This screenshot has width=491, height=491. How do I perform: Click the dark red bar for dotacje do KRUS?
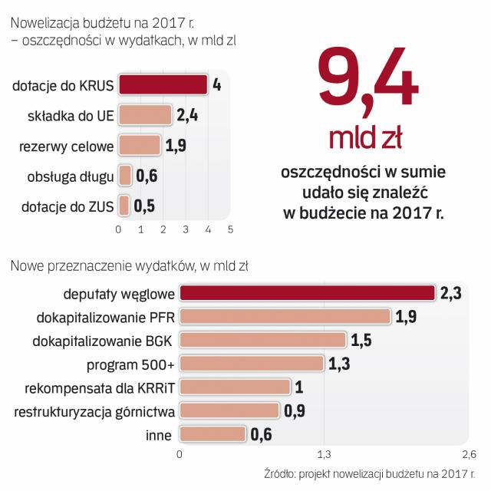(x=163, y=85)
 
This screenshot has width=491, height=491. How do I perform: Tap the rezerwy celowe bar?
(x=140, y=145)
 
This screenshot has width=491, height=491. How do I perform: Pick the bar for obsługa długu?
(x=125, y=176)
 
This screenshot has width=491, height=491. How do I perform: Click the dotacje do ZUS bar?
(x=124, y=206)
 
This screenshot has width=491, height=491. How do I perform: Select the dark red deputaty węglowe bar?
(x=307, y=293)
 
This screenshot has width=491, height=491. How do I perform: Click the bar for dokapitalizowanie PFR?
(x=285, y=317)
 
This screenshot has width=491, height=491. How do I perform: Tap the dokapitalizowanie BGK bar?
(x=262, y=340)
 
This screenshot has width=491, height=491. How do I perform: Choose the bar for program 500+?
(x=252, y=364)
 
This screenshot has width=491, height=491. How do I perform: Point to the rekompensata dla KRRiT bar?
(x=235, y=387)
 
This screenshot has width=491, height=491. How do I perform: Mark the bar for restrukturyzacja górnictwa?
(x=229, y=411)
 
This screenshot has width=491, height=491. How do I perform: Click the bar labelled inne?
(x=213, y=435)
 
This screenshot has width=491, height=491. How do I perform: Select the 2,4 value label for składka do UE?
(x=187, y=115)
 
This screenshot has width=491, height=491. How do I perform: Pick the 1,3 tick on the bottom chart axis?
(x=324, y=453)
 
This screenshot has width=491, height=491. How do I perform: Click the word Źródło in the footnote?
(x=281, y=473)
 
